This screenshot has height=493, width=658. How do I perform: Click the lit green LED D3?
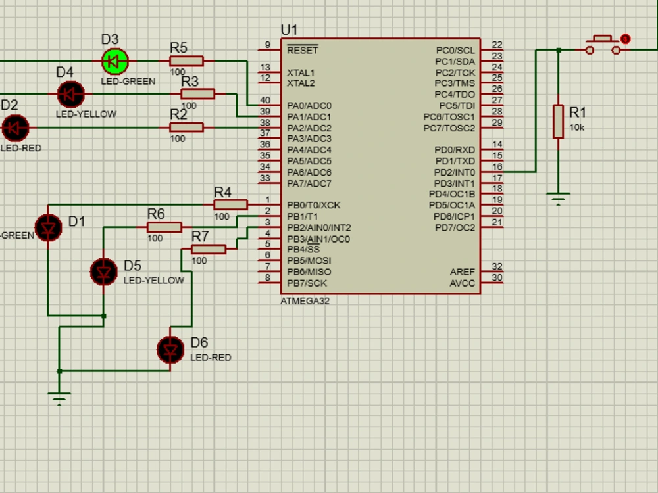(115, 62)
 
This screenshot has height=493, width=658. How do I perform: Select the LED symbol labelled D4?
(70, 95)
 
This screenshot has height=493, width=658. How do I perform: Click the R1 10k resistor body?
(558, 121)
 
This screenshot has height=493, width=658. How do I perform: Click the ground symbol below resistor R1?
(558, 197)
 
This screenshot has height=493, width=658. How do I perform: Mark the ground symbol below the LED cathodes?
(59, 398)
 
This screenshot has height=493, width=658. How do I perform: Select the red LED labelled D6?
(171, 350)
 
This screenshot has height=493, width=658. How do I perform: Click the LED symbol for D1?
(48, 227)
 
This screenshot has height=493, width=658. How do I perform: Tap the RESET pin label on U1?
(302, 51)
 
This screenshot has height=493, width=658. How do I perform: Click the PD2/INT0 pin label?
(454, 172)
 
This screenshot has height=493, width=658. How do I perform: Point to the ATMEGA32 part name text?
(305, 302)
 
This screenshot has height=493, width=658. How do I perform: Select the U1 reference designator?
(289, 30)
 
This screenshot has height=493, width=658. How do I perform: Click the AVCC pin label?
(462, 283)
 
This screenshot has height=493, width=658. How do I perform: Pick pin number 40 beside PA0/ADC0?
(265, 101)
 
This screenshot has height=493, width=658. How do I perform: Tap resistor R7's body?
(209, 249)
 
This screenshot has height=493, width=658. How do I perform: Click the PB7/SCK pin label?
(307, 283)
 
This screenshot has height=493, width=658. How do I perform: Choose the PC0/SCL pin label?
(455, 51)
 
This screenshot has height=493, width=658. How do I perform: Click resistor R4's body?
(230, 205)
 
